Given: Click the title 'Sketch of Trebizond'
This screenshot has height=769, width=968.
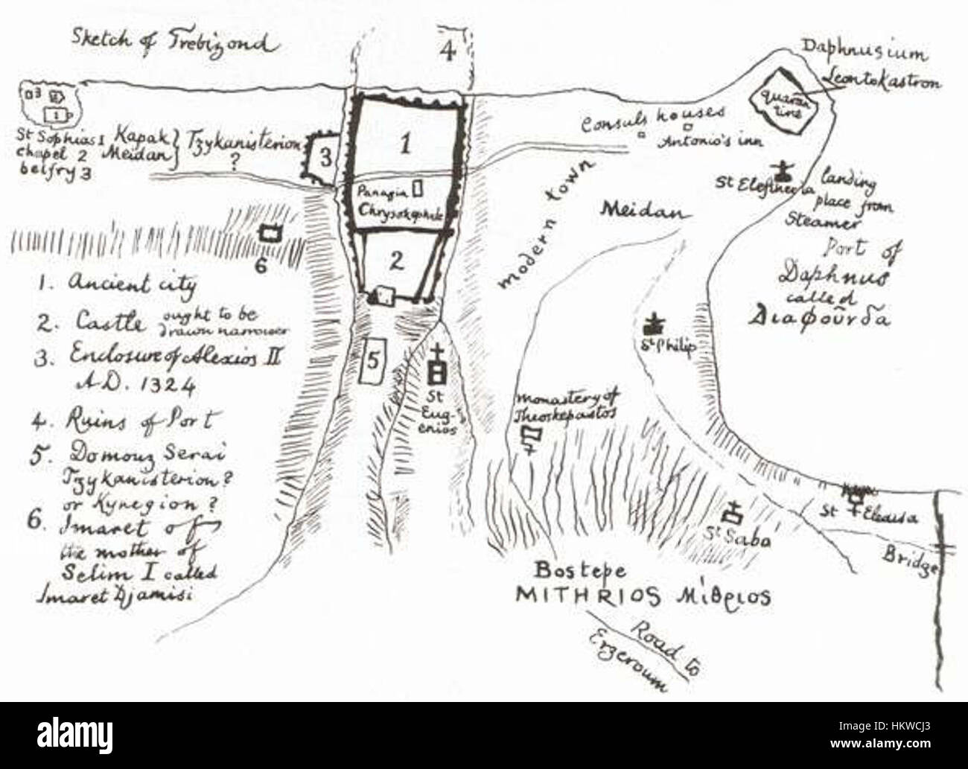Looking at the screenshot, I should (x=174, y=42).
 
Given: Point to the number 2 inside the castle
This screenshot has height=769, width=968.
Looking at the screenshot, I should (x=397, y=260).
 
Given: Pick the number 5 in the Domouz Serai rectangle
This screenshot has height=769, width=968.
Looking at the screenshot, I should (x=373, y=359).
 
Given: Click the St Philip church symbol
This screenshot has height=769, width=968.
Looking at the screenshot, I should (x=656, y=325).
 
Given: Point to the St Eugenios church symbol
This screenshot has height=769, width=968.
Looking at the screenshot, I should (x=439, y=363).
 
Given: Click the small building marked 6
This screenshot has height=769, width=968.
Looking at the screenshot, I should (x=270, y=233).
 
